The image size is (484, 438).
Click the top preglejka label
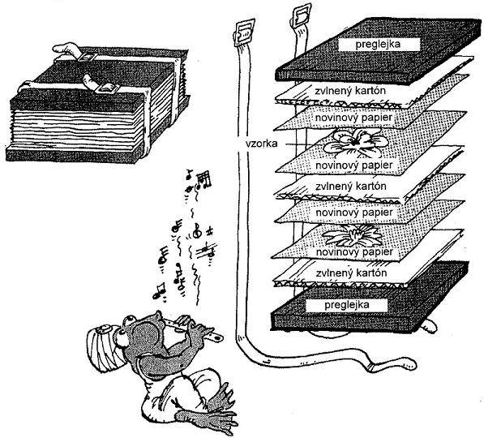[x=378, y=44]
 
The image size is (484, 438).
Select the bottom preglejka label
[x=347, y=305]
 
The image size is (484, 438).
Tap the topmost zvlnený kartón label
[x=350, y=91]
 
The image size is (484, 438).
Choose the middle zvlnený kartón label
[x=351, y=187]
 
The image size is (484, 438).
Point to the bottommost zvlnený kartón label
[x=351, y=273]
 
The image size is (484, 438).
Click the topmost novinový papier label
[x=353, y=118]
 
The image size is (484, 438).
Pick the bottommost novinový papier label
[x=354, y=252]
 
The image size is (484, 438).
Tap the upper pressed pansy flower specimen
[x=356, y=143]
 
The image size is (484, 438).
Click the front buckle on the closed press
[x=107, y=88]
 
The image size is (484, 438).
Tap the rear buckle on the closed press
[x=88, y=57]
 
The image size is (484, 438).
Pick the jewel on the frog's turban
[x=103, y=328]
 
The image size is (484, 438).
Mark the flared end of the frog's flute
[x=217, y=338]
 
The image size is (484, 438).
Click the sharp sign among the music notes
[x=210, y=230]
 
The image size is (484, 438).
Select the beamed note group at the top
[x=204, y=179]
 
